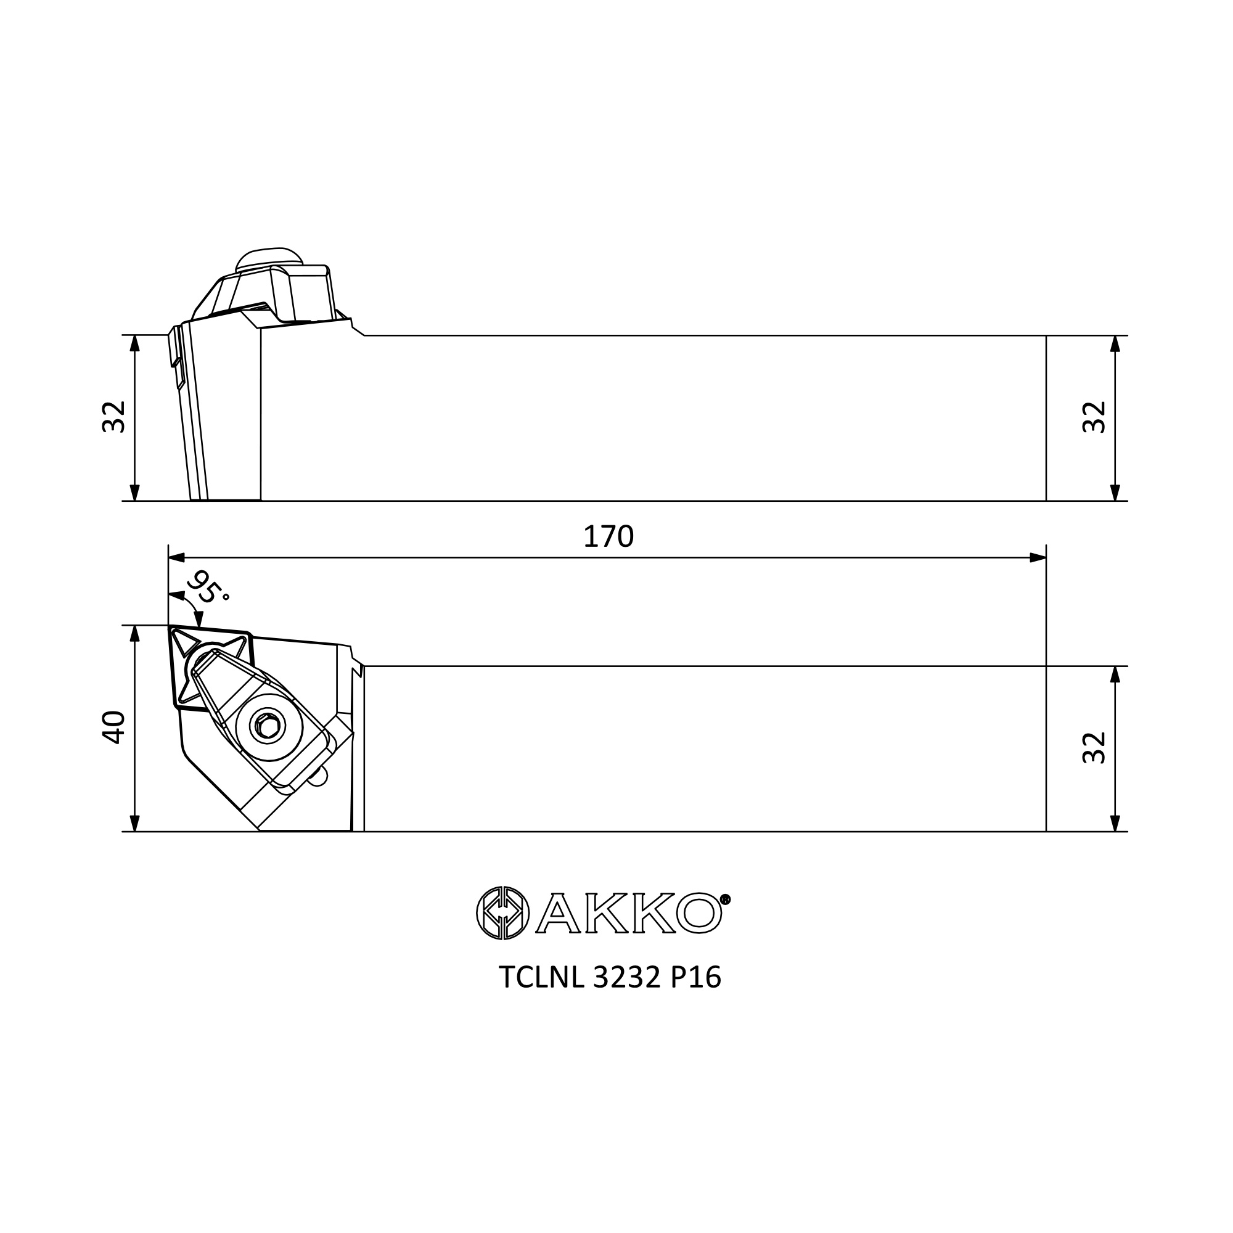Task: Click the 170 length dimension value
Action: click(608, 538)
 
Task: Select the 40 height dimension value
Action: click(114, 727)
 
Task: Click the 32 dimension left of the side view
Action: click(114, 417)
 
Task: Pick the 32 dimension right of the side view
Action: click(1094, 417)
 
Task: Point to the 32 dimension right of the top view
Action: click(1094, 748)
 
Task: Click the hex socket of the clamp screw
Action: click(266, 726)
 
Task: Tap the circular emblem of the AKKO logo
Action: click(503, 913)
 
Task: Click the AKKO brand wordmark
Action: click(629, 913)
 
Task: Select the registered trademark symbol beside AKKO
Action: click(726, 900)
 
